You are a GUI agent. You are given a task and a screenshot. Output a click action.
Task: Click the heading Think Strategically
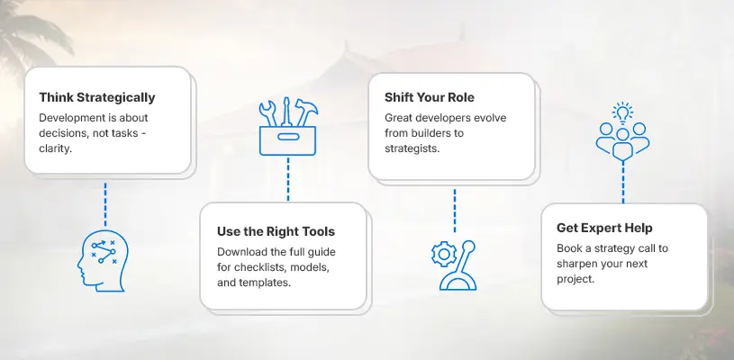coord(97,98)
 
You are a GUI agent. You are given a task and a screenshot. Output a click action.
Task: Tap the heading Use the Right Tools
coord(276,231)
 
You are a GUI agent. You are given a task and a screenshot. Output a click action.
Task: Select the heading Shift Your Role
coord(430,97)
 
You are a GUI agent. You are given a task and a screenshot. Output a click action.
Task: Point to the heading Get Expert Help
coord(604,229)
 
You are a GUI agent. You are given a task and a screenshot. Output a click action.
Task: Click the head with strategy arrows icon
coord(103,262)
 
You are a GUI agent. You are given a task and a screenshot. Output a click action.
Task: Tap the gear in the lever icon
coord(444,254)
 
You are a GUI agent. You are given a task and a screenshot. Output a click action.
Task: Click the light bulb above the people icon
coord(622,112)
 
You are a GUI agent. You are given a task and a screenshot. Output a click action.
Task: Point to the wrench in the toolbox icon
coord(267,113)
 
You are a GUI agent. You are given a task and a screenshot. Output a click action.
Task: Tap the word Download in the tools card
coord(238,252)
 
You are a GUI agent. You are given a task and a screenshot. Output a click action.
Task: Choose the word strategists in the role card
coord(412,149)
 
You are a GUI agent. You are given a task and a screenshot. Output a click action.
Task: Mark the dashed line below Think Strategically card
coord(105,204)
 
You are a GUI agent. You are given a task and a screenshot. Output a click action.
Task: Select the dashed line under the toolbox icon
coord(288,179)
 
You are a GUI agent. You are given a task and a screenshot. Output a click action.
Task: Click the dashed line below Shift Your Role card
coord(454,211)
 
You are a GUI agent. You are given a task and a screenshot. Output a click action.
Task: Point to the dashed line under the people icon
coord(622,182)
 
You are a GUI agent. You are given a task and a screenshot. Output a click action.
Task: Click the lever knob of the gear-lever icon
coord(468,247)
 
